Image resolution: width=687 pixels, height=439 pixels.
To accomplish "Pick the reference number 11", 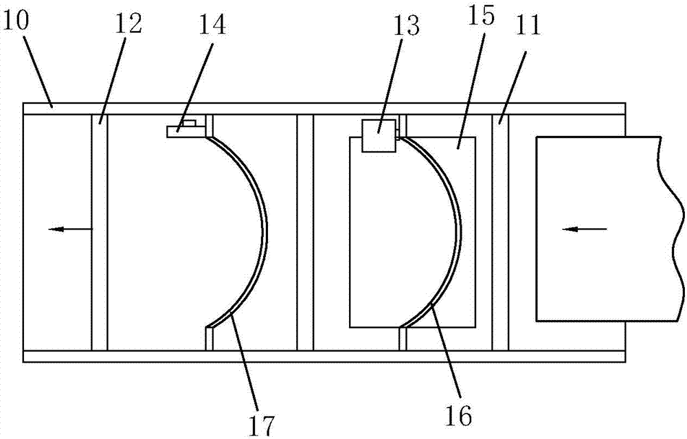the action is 526,27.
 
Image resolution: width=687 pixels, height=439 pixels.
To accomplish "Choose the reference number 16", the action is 459,414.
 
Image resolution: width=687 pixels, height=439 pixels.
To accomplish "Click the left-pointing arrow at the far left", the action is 69,229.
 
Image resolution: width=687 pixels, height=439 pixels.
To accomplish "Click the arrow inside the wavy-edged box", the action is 584,229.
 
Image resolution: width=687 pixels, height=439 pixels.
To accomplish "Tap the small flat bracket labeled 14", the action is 182,129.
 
